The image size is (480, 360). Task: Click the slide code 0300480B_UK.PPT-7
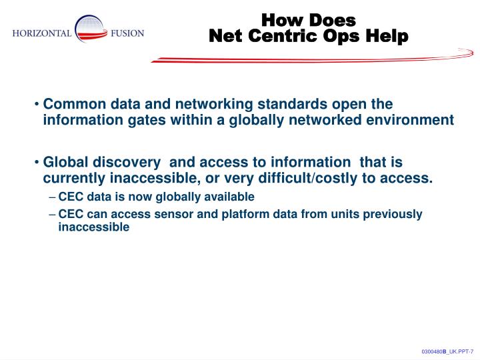point(447,351)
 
